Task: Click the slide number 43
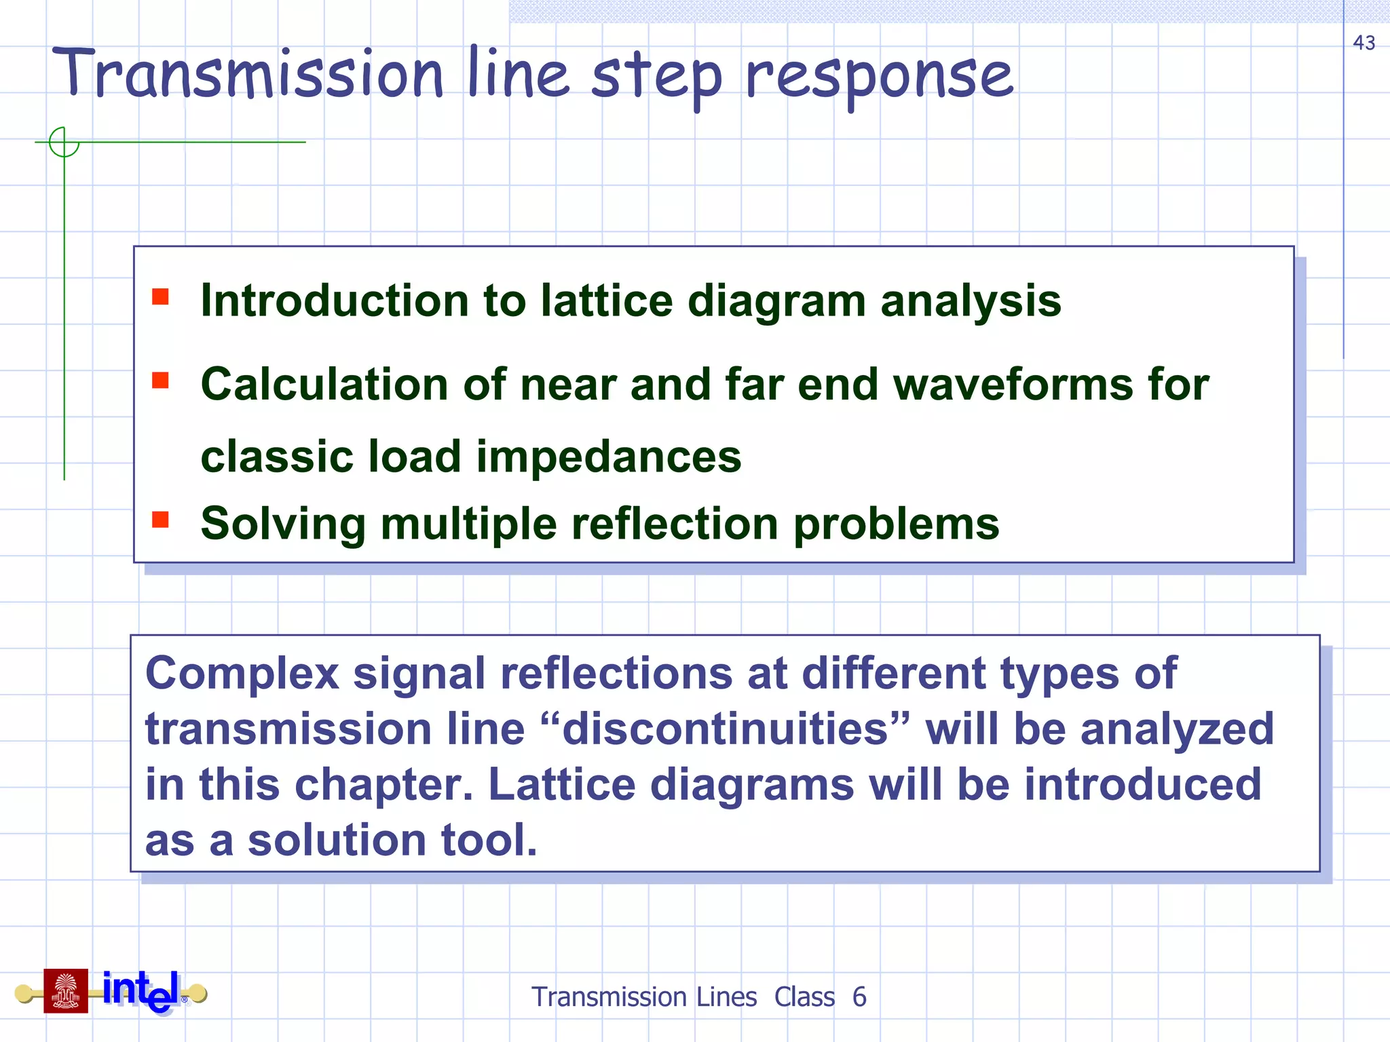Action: (1364, 43)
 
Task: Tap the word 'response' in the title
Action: (879, 77)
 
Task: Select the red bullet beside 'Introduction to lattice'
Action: (160, 297)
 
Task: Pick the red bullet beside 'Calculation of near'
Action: (160, 380)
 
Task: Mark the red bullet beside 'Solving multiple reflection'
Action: (160, 520)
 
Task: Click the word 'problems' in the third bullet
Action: (896, 524)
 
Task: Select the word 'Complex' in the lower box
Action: (242, 674)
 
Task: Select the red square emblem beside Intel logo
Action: (66, 990)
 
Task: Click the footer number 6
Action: (859, 997)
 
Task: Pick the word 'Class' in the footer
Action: (804, 997)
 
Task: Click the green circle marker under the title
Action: (64, 142)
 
